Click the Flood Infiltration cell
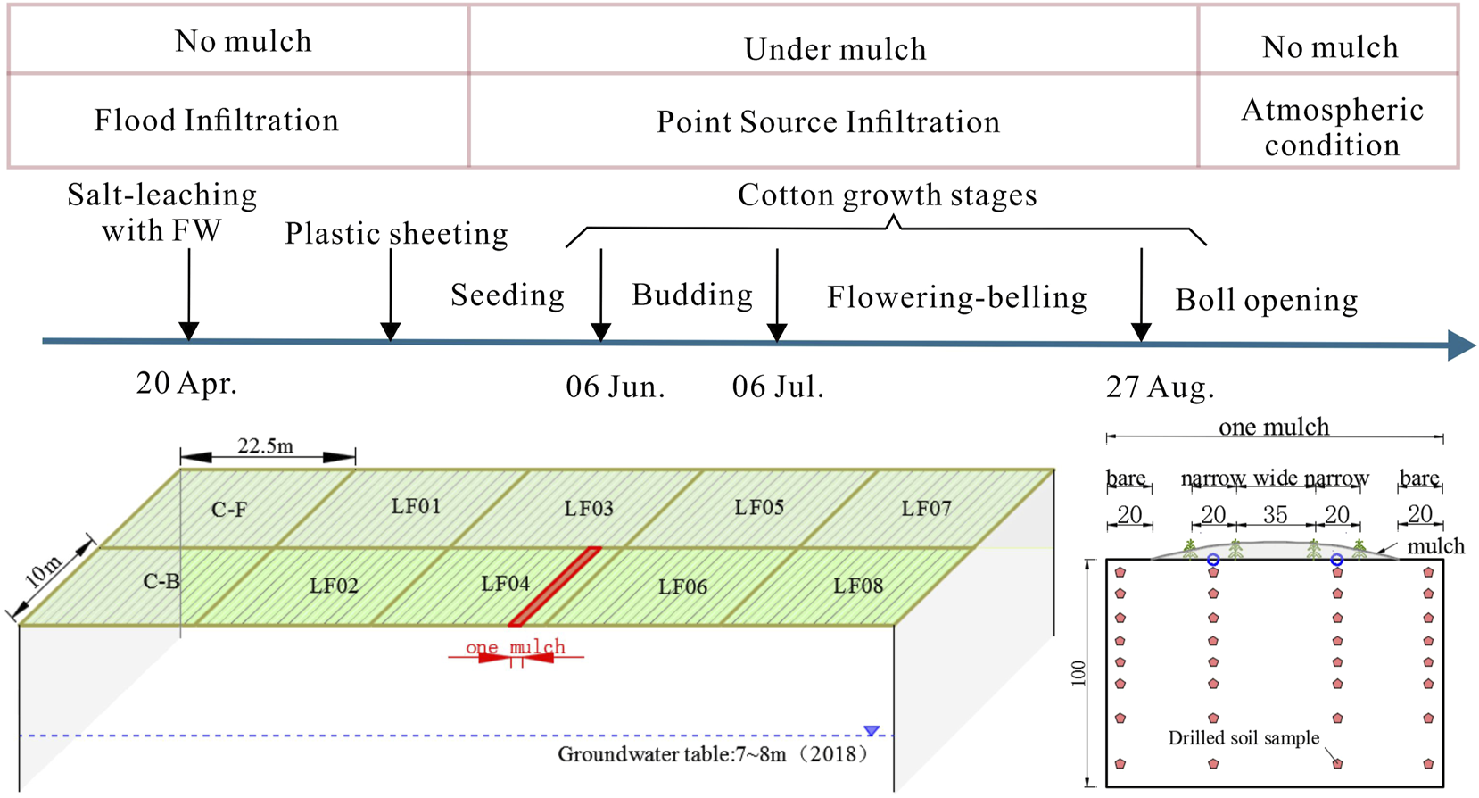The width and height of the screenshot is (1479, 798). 217,121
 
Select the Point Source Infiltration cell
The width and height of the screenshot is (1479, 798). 828,122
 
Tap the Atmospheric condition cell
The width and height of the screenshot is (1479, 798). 1331,127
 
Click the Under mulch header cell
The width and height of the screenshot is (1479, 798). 835,49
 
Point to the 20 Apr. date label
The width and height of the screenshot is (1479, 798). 186,384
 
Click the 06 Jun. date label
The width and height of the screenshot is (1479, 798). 616,387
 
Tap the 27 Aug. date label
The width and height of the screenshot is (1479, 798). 1160,387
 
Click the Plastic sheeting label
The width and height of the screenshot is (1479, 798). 396,234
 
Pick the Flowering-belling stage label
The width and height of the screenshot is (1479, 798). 956,297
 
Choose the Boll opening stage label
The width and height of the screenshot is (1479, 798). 1266,301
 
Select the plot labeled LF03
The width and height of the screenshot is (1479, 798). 589,509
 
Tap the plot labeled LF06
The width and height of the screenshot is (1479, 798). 682,587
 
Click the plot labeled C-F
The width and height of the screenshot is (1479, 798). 229,510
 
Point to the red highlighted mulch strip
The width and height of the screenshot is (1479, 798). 555,586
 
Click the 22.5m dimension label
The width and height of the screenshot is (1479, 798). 266,445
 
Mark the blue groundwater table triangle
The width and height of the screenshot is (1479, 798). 872,731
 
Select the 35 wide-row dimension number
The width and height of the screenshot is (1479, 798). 1275,515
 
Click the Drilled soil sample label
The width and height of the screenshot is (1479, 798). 1244,738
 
